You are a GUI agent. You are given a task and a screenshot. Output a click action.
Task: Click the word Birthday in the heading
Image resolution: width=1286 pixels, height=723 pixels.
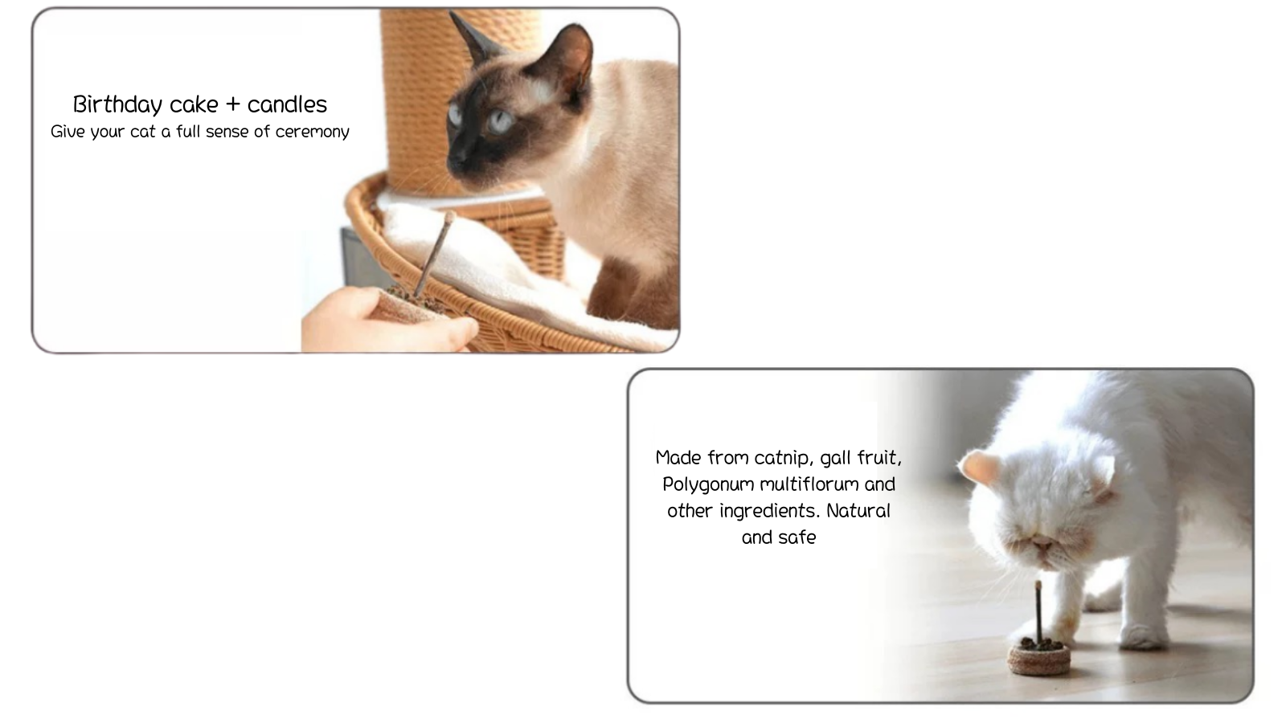(117, 105)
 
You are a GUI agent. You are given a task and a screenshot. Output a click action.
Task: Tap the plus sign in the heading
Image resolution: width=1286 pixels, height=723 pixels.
(232, 105)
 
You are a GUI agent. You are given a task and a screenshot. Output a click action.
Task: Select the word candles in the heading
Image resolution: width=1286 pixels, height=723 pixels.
(287, 104)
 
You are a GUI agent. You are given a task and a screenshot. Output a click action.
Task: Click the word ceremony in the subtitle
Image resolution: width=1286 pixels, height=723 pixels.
(313, 133)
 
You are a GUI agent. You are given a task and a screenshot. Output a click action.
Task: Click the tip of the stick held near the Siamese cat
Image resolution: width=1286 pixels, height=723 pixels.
(449, 216)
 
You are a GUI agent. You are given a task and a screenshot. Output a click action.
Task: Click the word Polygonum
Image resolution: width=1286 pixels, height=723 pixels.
(708, 485)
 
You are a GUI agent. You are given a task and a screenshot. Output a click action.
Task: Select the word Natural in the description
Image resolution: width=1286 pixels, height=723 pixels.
(858, 511)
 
